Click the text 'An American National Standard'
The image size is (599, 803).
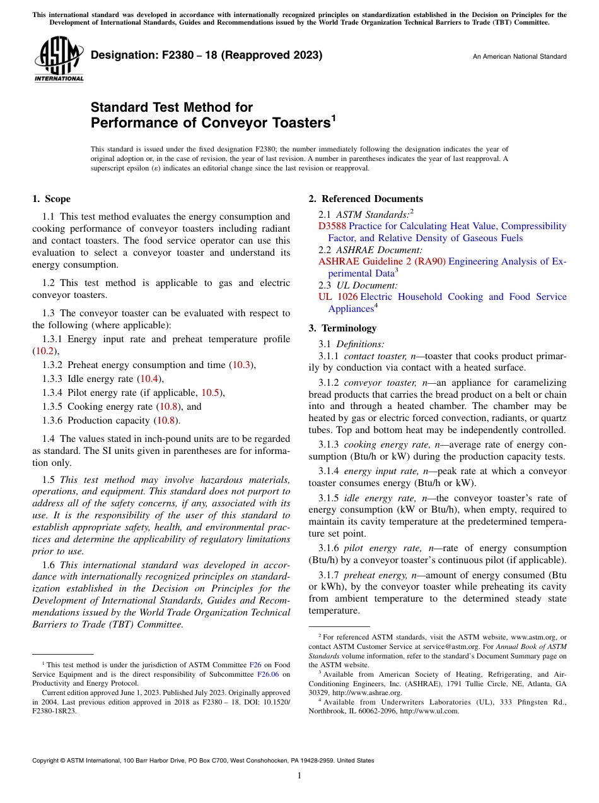pos(519,57)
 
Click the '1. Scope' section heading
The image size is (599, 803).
pos(51,199)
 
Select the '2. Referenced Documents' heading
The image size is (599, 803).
pos(365,199)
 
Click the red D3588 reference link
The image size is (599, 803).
pos(332,226)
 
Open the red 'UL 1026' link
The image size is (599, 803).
pos(338,297)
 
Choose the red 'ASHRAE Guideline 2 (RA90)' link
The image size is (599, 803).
pos(382,261)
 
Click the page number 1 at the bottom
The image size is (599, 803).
pos(299,776)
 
